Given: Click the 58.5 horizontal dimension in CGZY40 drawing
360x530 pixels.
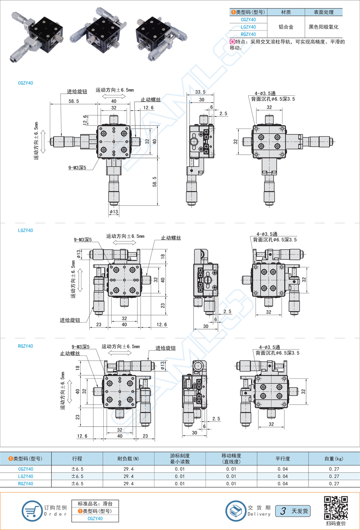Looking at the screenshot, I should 74,101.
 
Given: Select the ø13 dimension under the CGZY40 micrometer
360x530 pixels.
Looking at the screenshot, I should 114,212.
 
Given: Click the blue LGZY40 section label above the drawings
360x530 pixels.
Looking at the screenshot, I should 26,230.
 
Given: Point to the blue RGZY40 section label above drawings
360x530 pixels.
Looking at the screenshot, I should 26,346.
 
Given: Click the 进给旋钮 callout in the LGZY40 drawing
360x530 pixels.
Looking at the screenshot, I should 70,320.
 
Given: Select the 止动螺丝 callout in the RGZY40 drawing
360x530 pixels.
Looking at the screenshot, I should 70,353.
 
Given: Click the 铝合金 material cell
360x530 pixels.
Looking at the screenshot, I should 286,27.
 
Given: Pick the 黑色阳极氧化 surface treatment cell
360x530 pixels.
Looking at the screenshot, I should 324,27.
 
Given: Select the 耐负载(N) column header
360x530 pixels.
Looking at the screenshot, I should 129,459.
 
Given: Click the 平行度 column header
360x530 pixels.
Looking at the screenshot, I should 283,459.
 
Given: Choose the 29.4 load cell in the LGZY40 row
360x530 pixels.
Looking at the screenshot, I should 129,476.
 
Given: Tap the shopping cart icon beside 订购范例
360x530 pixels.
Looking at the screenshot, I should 32,511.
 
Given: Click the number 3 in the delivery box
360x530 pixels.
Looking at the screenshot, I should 283,511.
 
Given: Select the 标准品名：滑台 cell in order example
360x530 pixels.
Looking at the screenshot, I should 95,504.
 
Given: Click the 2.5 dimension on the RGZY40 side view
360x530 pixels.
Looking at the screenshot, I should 216,419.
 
